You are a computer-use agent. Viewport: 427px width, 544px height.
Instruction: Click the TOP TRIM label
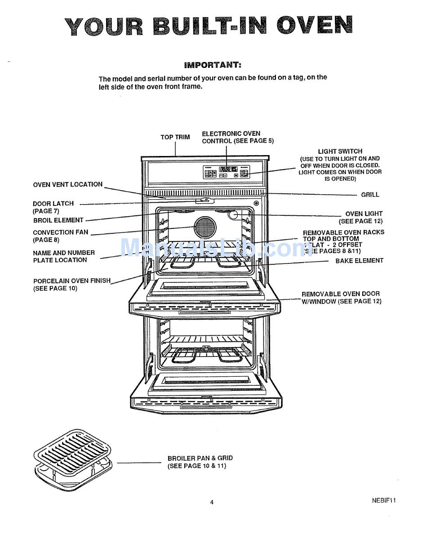click(x=175, y=137)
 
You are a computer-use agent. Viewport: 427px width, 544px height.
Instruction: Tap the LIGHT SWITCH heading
click(x=340, y=152)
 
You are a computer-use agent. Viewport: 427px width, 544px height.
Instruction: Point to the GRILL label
click(x=370, y=195)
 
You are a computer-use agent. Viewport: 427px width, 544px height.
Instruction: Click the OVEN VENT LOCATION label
click(x=68, y=184)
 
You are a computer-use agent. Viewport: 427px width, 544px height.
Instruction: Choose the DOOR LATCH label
click(x=53, y=204)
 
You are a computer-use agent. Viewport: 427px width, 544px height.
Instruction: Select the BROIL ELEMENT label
click(x=58, y=220)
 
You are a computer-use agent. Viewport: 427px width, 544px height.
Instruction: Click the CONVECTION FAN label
click(x=61, y=232)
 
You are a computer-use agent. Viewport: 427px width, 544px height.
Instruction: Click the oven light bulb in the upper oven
click(x=233, y=215)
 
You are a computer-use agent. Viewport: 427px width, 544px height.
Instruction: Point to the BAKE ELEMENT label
click(x=359, y=261)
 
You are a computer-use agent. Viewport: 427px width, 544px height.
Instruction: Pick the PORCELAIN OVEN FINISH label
click(x=72, y=281)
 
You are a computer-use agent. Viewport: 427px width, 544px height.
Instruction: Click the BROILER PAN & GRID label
click(x=200, y=459)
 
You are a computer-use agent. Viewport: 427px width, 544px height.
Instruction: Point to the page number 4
click(x=212, y=502)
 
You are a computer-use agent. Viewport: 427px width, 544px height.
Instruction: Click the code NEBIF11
click(x=383, y=500)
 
